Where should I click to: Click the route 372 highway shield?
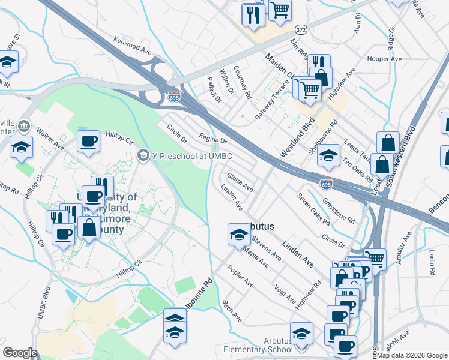pyautogui.click(x=301, y=29)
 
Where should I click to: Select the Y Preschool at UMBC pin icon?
pyautogui.click(x=143, y=156)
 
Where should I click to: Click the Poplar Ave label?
pyautogui.click(x=241, y=275)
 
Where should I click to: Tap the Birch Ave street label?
pyautogui.click(x=232, y=311)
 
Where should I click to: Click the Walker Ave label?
pyautogui.click(x=50, y=137)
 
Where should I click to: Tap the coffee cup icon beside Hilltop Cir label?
pyautogui.click(x=89, y=142)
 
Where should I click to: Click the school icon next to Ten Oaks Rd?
pyautogui.click(x=328, y=156)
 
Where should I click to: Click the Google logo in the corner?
pyautogui.click(x=20, y=353)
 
